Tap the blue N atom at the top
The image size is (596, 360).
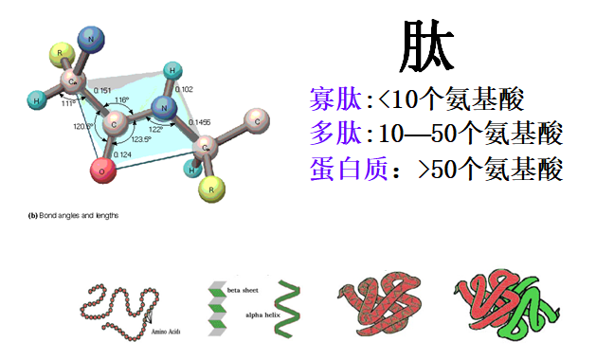coord(91,39)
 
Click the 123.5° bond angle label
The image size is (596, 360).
coord(141,139)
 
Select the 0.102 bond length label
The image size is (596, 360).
coord(185,90)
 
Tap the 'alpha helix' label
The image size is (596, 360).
coord(248,314)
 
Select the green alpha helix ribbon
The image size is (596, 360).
coord(288,309)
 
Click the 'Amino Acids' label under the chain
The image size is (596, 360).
coord(168,333)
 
